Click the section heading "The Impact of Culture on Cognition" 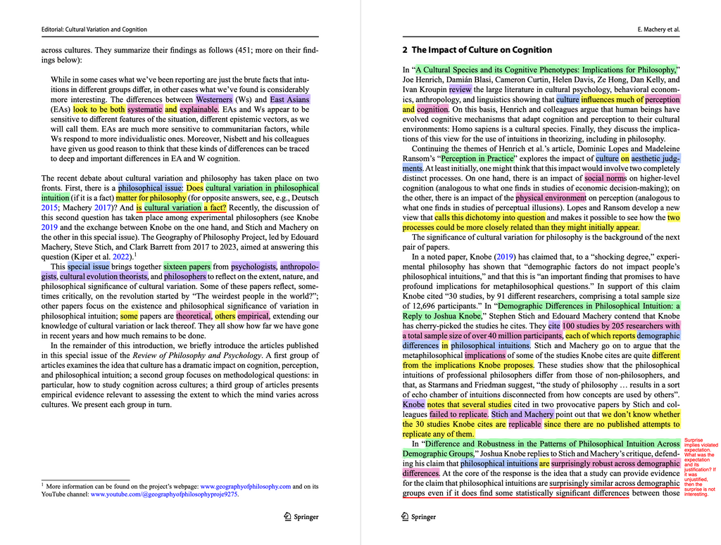click(x=477, y=50)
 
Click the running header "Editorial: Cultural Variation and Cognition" click(x=94, y=30)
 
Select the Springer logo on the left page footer click(x=301, y=517)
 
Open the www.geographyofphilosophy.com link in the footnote click(x=246, y=486)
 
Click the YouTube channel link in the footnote click(x=164, y=494)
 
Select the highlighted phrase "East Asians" click(x=289, y=100)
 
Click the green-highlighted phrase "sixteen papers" click(x=187, y=267)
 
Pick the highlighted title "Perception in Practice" click(x=478, y=159)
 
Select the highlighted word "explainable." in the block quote click(x=199, y=110)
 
